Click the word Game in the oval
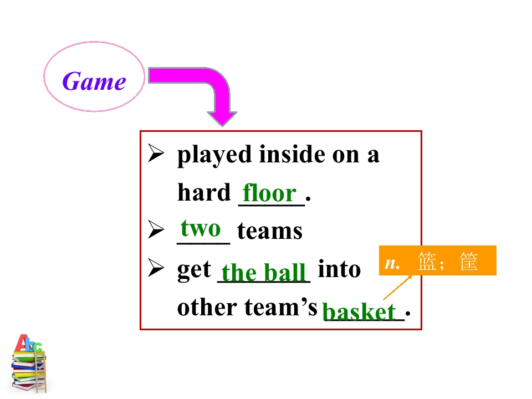[x=94, y=81]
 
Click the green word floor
[x=270, y=192]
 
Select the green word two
[x=201, y=228]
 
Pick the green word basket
[x=359, y=311]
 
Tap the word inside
[x=292, y=154]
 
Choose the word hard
[x=204, y=192]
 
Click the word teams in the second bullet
[x=270, y=231]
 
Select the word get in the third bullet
[x=194, y=270]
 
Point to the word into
[x=339, y=269]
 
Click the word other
[x=207, y=307]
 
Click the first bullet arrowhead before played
[x=156, y=153]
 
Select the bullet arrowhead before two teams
[x=156, y=229]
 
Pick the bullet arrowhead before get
[x=156, y=268]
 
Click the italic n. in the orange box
[x=392, y=263]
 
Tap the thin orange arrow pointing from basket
[x=397, y=288]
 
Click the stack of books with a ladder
[x=29, y=364]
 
